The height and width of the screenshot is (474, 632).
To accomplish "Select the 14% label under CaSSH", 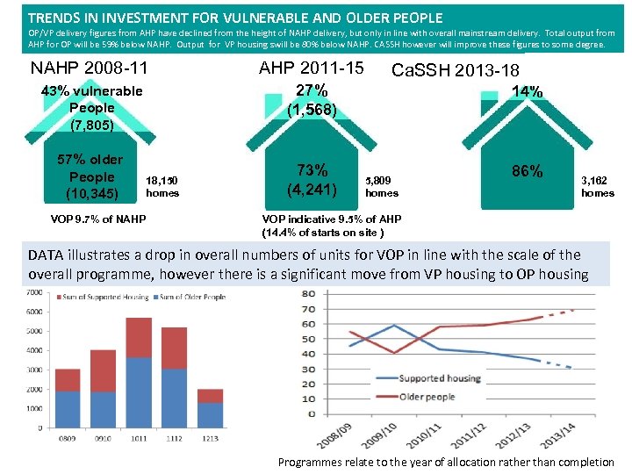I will point(527,91).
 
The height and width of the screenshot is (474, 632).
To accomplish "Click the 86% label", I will point(527,172).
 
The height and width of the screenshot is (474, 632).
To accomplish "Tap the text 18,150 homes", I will point(162,185).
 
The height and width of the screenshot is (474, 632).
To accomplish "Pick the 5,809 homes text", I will point(382,185).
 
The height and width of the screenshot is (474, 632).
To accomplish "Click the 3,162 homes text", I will point(598,185).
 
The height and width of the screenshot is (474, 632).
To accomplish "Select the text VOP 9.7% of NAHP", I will point(97,219).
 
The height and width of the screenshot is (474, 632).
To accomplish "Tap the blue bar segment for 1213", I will point(212,415).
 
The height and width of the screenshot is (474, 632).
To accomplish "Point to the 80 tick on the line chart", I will point(307,309).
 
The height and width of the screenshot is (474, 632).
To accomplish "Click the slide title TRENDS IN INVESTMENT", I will point(235,17).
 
